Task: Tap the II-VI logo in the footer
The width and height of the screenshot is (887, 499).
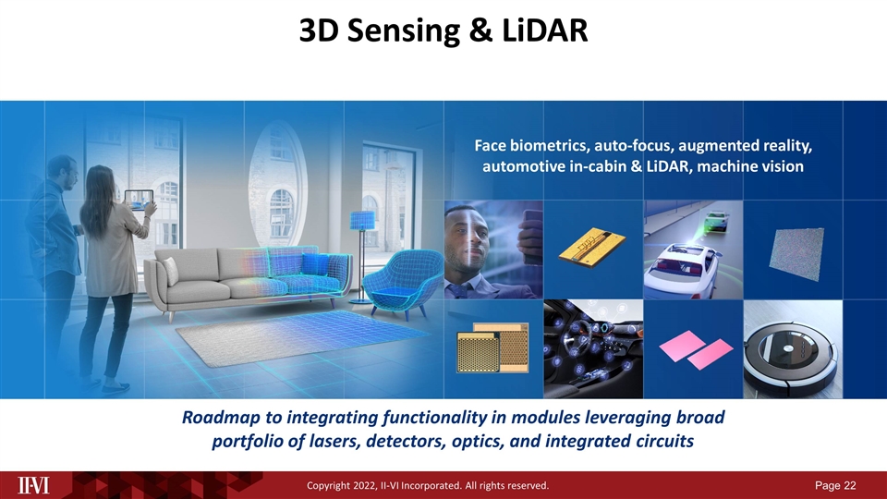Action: click(33, 485)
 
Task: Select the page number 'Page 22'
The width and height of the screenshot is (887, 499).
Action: click(835, 485)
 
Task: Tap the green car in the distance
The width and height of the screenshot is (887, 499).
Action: click(715, 220)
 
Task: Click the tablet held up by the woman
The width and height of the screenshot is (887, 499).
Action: click(139, 200)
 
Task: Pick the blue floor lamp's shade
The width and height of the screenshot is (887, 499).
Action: click(362, 220)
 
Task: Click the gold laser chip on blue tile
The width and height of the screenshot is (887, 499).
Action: click(591, 248)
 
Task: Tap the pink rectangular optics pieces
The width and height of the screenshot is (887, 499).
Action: click(696, 348)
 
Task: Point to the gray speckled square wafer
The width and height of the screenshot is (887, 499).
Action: click(796, 253)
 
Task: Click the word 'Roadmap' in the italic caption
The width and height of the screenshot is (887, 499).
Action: click(221, 418)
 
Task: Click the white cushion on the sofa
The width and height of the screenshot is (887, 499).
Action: click(170, 271)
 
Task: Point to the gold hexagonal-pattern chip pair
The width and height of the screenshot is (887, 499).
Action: click(492, 347)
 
